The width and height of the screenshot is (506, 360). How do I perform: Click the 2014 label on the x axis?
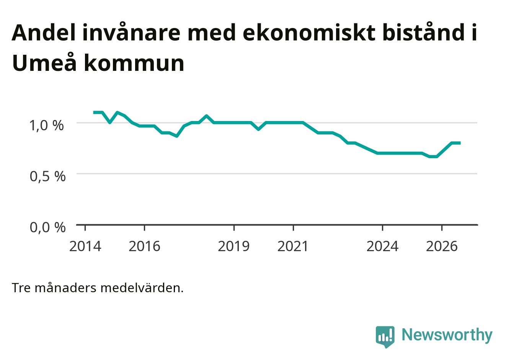pos(85,246)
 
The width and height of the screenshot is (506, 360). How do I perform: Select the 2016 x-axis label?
pos(144,246)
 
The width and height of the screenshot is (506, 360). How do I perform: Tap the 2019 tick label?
pos(234,246)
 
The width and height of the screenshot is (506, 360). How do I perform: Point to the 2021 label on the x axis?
pos(293,246)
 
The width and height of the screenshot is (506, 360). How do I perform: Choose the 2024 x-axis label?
pos(382,246)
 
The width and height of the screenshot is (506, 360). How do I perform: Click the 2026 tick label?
pos(442,246)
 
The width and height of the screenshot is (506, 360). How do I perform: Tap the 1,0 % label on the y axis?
pos(47,125)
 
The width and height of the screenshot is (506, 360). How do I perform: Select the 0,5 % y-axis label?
pos(48,176)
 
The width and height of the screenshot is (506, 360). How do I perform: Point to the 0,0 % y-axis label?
pos(48,227)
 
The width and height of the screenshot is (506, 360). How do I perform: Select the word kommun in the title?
pos(134,63)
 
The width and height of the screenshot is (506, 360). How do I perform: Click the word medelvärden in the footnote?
pos(142,288)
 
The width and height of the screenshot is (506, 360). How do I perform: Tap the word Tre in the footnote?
pos(21,288)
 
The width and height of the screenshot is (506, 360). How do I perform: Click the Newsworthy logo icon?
pos(385,337)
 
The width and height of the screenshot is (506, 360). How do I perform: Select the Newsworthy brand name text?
pos(447,335)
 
